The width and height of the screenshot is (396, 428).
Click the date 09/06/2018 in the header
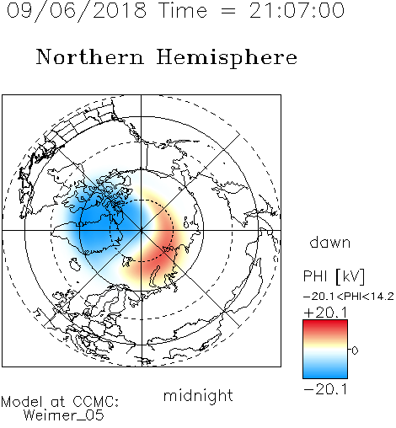(x=77, y=11)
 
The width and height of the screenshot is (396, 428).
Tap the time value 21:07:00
(x=297, y=10)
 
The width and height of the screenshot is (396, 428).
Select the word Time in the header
(x=183, y=10)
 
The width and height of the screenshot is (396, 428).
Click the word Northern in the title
(x=90, y=56)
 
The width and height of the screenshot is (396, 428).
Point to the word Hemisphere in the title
(x=227, y=58)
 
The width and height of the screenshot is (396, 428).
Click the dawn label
(x=330, y=242)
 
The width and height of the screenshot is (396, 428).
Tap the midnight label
(x=198, y=396)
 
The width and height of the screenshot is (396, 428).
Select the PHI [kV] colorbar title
(x=334, y=276)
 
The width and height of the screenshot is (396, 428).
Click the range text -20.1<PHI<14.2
(x=349, y=297)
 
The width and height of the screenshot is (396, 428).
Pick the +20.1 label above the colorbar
(x=326, y=313)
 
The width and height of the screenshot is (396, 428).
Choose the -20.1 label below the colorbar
(x=325, y=389)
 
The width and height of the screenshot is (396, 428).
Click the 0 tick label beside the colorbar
(x=355, y=350)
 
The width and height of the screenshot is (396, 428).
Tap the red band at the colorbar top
(x=325, y=326)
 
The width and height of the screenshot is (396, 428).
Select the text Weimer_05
(x=64, y=415)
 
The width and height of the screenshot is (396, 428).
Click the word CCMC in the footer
(x=96, y=402)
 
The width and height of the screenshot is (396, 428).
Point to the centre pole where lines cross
(x=142, y=230)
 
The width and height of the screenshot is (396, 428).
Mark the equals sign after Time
(x=228, y=11)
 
